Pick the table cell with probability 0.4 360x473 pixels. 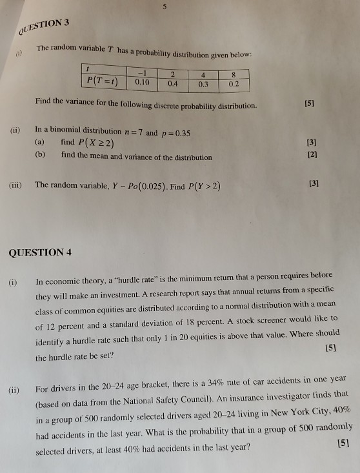[x=172, y=83]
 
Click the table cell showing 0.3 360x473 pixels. [x=204, y=84]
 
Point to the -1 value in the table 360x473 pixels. [x=143, y=73]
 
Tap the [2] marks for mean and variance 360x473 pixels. [x=314, y=155]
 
